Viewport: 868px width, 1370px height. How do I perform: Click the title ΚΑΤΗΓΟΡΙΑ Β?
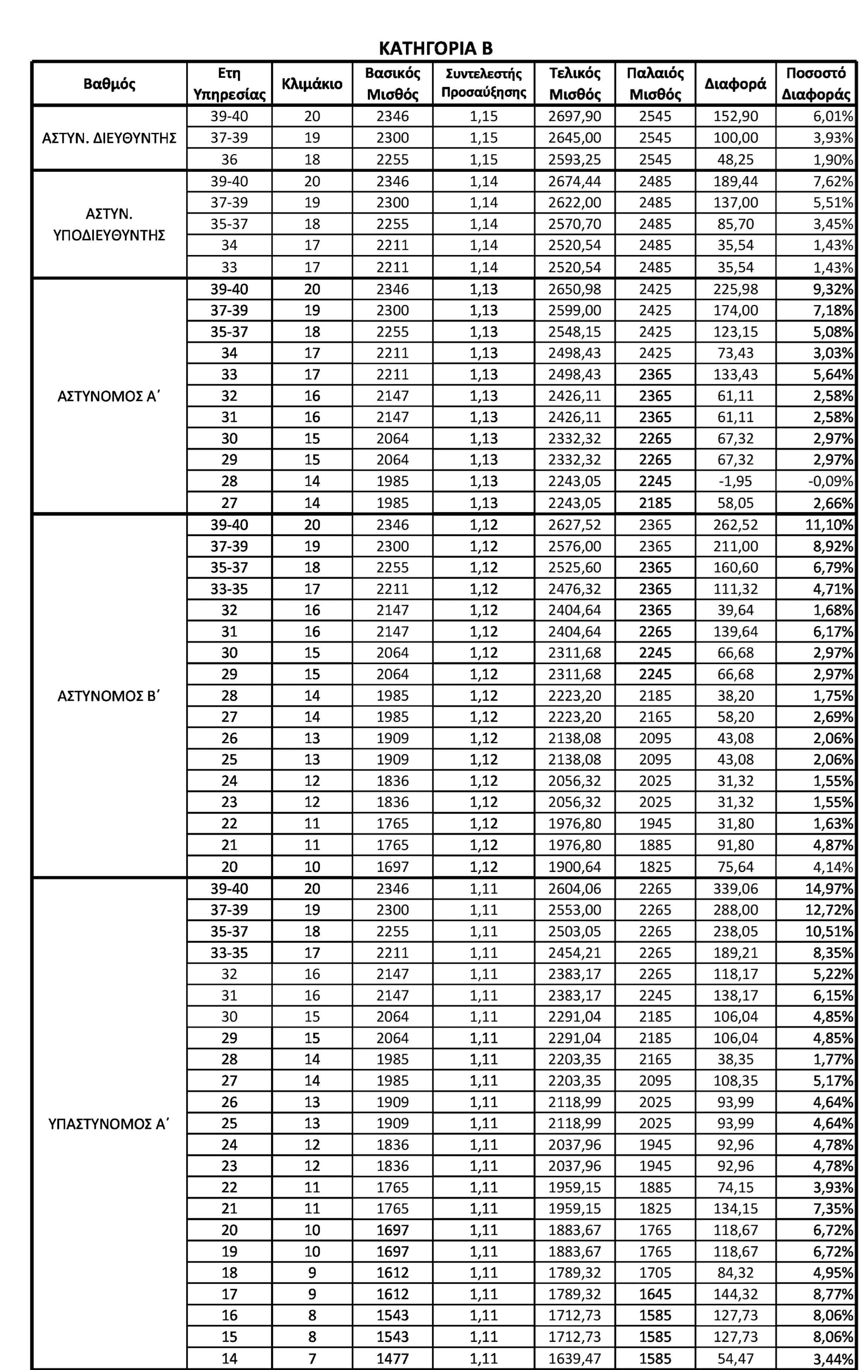435,48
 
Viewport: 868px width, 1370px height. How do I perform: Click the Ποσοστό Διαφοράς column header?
816,83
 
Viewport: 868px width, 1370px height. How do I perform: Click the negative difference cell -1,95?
736,481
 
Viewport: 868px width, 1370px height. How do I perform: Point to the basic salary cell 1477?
393,1359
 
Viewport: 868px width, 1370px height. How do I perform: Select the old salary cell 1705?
655,1273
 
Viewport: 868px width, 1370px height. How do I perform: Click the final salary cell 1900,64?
574,867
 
